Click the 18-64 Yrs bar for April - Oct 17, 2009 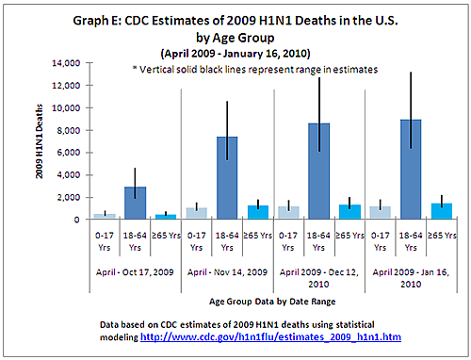click(x=135, y=204)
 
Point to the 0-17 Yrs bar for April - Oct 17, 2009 click(x=104, y=217)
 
